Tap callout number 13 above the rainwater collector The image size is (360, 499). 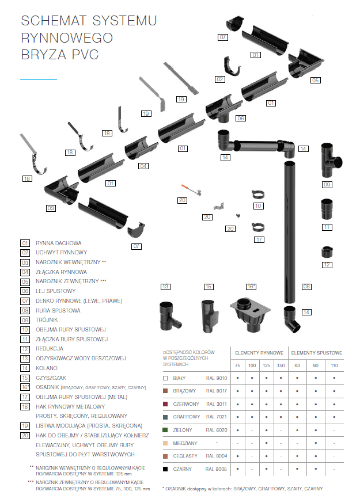click(166, 286)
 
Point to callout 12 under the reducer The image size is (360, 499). click(327, 265)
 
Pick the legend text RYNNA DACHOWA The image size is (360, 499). click(59, 243)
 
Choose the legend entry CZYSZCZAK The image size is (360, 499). click(51, 378)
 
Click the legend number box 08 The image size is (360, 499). click(25, 310)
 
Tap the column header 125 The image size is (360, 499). click(266, 365)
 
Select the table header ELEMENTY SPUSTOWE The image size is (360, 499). click(316, 352)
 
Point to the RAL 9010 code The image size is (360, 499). click(217, 378)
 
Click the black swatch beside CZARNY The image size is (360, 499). click(165, 469)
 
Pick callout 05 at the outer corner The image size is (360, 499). click(315, 80)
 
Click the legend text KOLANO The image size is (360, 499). click(46, 368)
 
